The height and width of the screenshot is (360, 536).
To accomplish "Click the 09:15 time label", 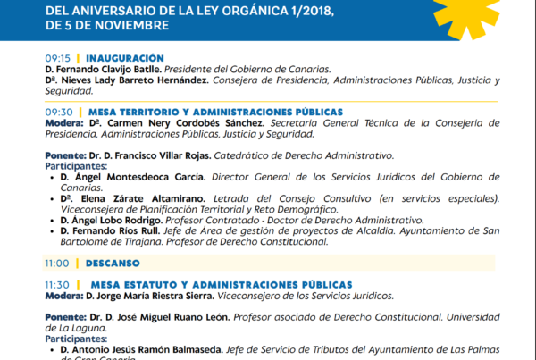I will pyautogui.click(x=58, y=57).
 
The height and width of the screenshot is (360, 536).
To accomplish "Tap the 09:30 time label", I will pyautogui.click(x=58, y=112).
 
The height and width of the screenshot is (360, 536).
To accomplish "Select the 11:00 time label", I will pyautogui.click(x=58, y=264).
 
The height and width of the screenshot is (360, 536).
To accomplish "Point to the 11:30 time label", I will pyautogui.click(x=58, y=284).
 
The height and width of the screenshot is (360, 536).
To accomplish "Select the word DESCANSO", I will pyautogui.click(x=113, y=264).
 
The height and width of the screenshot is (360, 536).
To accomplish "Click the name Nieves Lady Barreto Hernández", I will pyautogui.click(x=136, y=80).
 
